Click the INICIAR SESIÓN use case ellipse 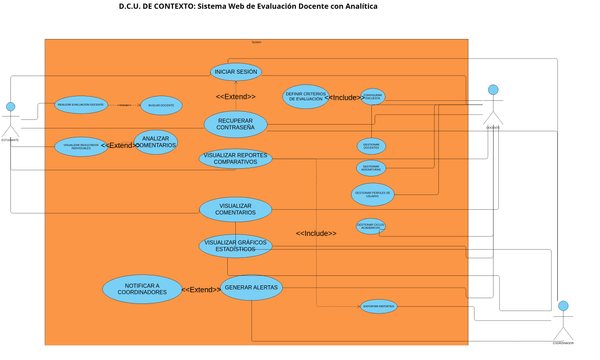[236, 72]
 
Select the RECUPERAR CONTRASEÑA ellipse [235, 124]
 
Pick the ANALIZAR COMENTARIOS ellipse [155, 143]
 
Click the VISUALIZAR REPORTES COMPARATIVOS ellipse [235, 158]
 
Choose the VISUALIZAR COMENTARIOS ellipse [235, 209]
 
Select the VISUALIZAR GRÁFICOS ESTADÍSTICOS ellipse [235, 244]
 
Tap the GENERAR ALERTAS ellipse [251, 288]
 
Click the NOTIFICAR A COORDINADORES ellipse [142, 289]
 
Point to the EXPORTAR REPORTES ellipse [378, 305]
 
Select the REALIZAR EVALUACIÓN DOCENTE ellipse [80, 104]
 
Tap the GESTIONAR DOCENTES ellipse [371, 145]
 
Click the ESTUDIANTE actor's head [10, 106]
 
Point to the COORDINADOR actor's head [563, 306]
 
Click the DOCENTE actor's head [492, 87]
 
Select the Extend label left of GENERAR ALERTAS [201, 290]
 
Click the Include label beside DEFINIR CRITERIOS [344, 98]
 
